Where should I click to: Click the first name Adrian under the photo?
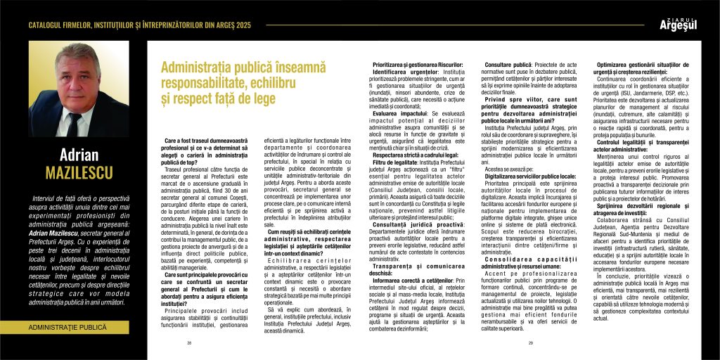pos(78,155)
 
